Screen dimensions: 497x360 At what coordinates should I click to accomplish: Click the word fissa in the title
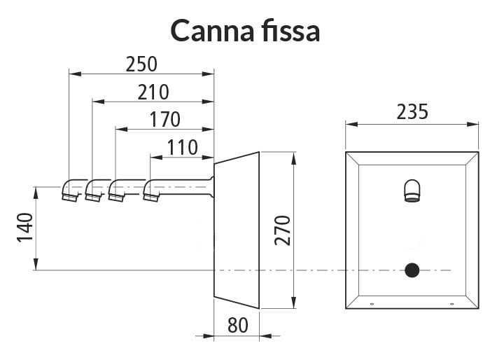click(291, 30)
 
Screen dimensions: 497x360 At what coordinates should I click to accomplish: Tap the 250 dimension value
click(141, 64)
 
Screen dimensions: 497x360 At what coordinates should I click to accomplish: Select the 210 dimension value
click(153, 92)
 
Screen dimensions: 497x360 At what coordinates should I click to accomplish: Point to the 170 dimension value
click(164, 120)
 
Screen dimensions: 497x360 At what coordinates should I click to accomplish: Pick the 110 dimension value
click(182, 148)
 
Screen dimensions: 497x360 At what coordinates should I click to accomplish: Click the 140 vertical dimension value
click(25, 228)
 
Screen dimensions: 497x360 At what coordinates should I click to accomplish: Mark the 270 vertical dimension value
click(282, 230)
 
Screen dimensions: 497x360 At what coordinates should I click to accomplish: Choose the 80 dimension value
click(238, 326)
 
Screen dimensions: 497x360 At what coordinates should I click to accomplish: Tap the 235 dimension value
click(412, 112)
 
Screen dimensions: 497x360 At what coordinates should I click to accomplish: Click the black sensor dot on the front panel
click(412, 270)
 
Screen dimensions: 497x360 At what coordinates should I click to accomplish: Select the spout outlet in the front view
click(412, 191)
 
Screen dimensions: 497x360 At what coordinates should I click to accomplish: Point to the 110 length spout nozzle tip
click(151, 198)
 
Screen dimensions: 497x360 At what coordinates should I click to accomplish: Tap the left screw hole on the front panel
click(372, 304)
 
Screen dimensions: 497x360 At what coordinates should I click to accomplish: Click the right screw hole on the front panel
click(452, 304)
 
